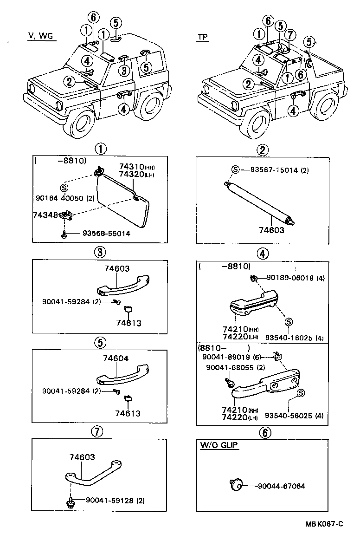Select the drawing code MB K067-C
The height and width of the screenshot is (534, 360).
point(324,524)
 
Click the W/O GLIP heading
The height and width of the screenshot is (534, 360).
point(219,445)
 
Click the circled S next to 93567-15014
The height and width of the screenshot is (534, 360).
point(236,170)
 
